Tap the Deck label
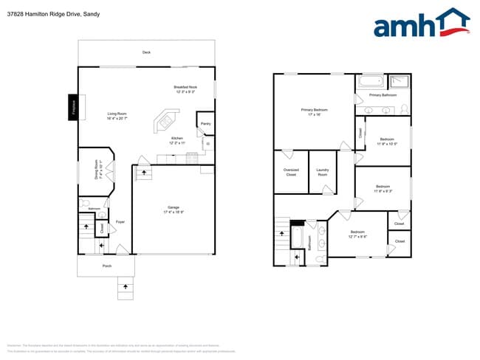[x=146, y=52]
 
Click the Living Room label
[x=117, y=116]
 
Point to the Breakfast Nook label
[x=185, y=89]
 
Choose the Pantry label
[x=205, y=124]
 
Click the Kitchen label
[x=177, y=140]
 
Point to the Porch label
[x=107, y=266]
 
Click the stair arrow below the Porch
[x=125, y=285]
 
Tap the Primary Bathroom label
[x=383, y=95]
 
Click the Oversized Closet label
[x=291, y=172]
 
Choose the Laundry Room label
[x=323, y=172]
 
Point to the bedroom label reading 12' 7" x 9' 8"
[x=358, y=235]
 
